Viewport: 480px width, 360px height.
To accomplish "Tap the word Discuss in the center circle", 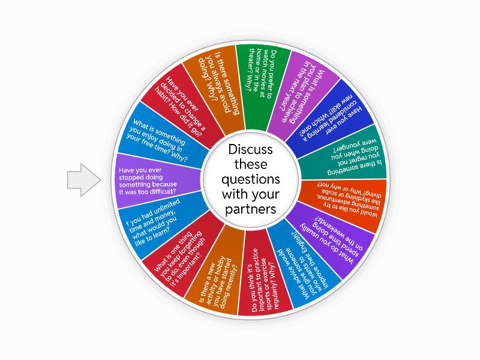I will (x=250, y=148).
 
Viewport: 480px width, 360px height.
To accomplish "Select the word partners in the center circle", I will (x=250, y=209).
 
